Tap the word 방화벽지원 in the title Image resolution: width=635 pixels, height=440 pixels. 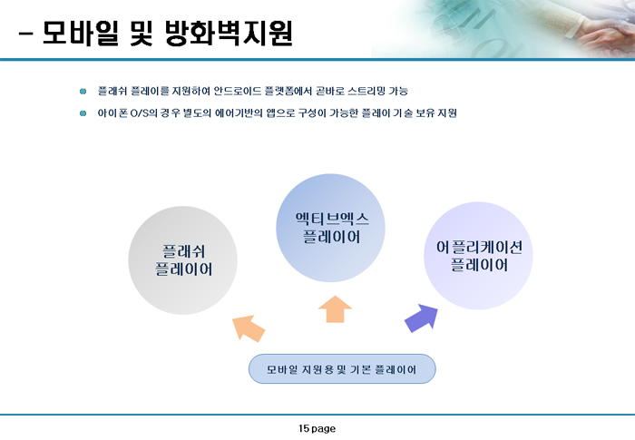coord(229,33)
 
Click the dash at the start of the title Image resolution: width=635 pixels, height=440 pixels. coord(25,34)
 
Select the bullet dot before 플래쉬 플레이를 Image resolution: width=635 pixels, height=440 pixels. coord(83,91)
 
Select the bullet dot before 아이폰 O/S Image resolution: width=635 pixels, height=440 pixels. coord(83,113)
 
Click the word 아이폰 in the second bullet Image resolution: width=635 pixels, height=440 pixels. coord(112,113)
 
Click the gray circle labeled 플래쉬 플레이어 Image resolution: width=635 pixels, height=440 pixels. coord(182,260)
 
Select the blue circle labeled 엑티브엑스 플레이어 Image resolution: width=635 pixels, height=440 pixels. coord(330,228)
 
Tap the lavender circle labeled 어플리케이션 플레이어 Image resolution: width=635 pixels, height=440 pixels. coord(478,256)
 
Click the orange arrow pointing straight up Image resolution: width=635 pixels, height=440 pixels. coord(336,309)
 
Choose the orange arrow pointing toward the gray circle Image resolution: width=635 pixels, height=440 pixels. coord(249,328)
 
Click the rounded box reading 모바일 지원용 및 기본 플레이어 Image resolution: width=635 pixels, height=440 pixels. coord(342,369)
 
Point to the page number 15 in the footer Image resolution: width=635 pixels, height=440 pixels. coord(304,428)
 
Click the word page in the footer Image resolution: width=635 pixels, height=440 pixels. coord(324,429)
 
